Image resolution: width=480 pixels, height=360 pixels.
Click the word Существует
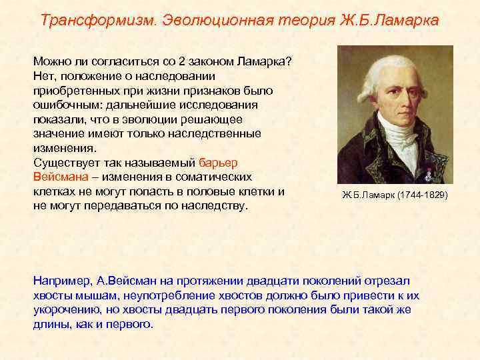(65, 162)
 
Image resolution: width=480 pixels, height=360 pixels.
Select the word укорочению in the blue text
(65, 310)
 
